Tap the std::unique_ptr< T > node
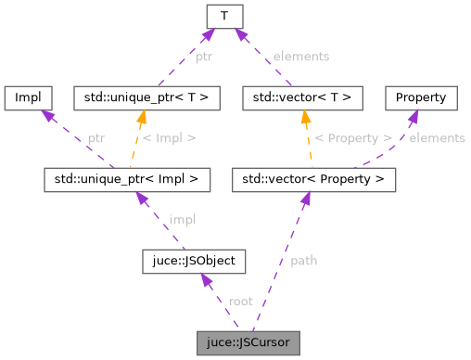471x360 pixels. pyautogui.click(x=146, y=97)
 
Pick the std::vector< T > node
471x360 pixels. pyautogui.click(x=300, y=97)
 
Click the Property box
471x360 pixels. pyautogui.click(x=421, y=97)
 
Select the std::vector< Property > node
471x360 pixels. pyautogui.click(x=314, y=179)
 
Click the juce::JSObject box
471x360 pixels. pyautogui.click(x=193, y=262)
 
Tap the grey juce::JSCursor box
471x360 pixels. pyautogui.click(x=248, y=342)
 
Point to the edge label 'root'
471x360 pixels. pyautogui.click(x=240, y=302)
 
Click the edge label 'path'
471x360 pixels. pyautogui.click(x=303, y=261)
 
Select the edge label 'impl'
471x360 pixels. pyautogui.click(x=182, y=220)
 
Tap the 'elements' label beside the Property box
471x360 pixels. pyautogui.click(x=437, y=138)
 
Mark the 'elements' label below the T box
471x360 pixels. pyautogui.click(x=302, y=57)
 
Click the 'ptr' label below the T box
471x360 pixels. pyautogui.click(x=203, y=57)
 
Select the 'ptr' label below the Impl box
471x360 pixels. pyautogui.click(x=96, y=138)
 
